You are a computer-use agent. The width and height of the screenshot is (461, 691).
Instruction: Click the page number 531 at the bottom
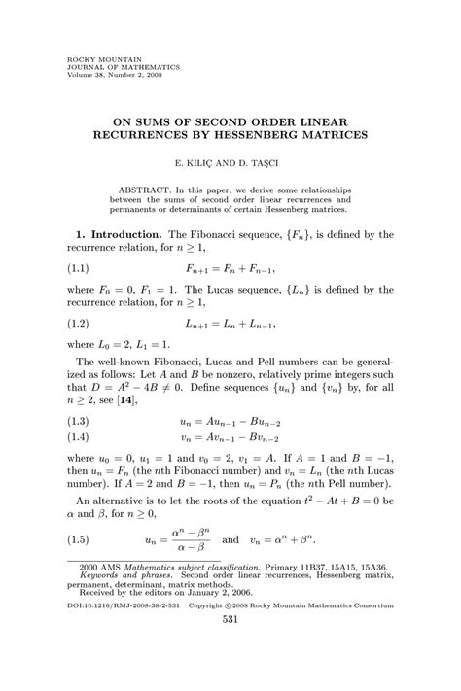230,647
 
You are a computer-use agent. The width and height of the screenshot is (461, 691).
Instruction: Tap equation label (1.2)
83,319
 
